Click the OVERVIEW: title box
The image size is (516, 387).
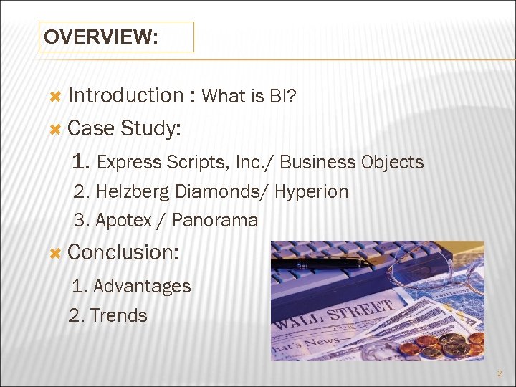(x=115, y=37)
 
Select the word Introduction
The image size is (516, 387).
(x=125, y=95)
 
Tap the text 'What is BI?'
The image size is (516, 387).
(x=246, y=96)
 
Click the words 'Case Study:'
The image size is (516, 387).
(x=124, y=128)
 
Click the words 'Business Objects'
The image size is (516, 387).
(x=351, y=163)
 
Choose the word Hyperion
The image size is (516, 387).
(x=311, y=192)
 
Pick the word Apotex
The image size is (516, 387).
(x=123, y=221)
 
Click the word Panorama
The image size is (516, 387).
(x=215, y=221)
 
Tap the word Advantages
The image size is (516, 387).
(x=142, y=286)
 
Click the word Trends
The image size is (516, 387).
(x=118, y=315)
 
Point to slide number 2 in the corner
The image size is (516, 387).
(x=500, y=373)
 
